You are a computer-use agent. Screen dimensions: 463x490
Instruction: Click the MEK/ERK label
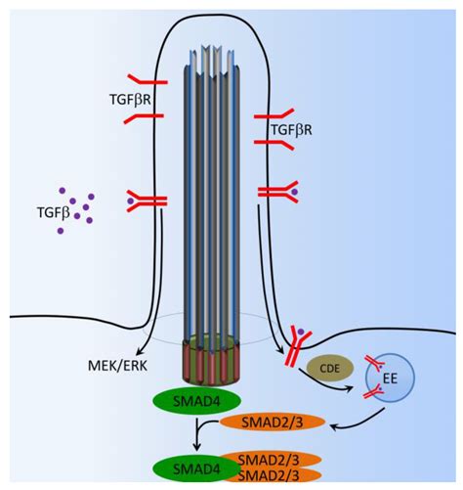click(117, 366)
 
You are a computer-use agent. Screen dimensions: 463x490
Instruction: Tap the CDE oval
click(330, 368)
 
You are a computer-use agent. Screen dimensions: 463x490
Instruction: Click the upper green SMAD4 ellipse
click(196, 401)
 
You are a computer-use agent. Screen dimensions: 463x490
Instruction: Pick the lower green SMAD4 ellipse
click(196, 468)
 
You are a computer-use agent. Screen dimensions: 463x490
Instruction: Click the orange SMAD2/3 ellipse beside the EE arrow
click(273, 423)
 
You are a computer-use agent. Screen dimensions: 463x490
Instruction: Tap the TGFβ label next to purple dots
click(54, 212)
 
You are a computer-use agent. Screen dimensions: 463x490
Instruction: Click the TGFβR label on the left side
click(130, 100)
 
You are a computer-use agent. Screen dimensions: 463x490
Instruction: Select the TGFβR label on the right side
click(291, 130)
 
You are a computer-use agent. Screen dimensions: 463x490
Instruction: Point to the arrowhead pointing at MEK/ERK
click(140, 351)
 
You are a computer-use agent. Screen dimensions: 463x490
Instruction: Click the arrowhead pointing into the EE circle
click(350, 388)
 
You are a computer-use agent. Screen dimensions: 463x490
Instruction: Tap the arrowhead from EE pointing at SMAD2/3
click(335, 425)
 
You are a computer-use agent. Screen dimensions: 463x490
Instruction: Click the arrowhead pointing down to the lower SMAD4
click(196, 447)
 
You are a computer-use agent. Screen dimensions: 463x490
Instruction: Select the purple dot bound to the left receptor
click(131, 201)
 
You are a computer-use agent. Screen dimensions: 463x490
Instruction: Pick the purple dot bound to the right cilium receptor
click(294, 192)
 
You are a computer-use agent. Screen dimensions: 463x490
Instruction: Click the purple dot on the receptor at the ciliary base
click(301, 333)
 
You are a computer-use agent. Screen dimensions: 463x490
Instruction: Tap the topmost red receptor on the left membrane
click(147, 79)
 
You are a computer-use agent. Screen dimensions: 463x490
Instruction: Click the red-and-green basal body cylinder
click(212, 361)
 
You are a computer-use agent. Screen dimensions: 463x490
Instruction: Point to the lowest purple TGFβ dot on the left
click(61, 231)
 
